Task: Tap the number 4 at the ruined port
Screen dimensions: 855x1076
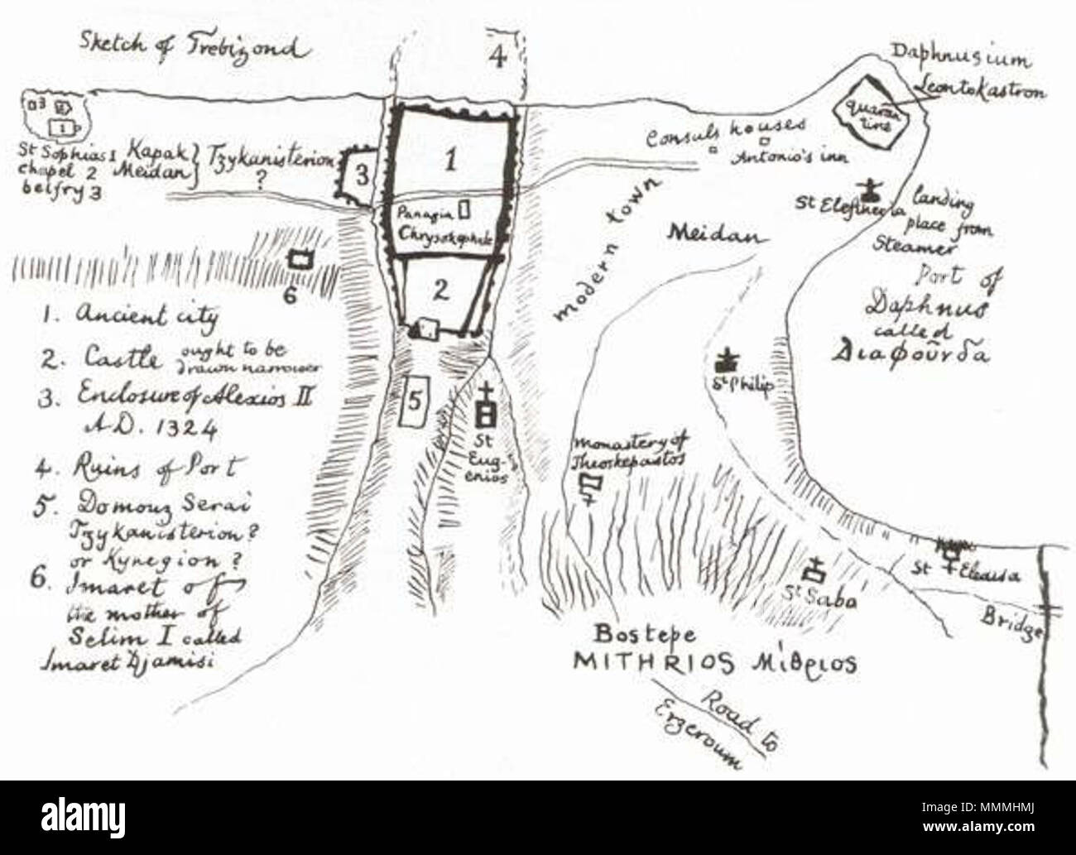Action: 497,57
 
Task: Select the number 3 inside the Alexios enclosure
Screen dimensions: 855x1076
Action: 361,175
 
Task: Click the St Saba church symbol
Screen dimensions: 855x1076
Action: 816,569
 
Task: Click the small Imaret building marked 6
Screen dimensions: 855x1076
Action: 300,258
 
